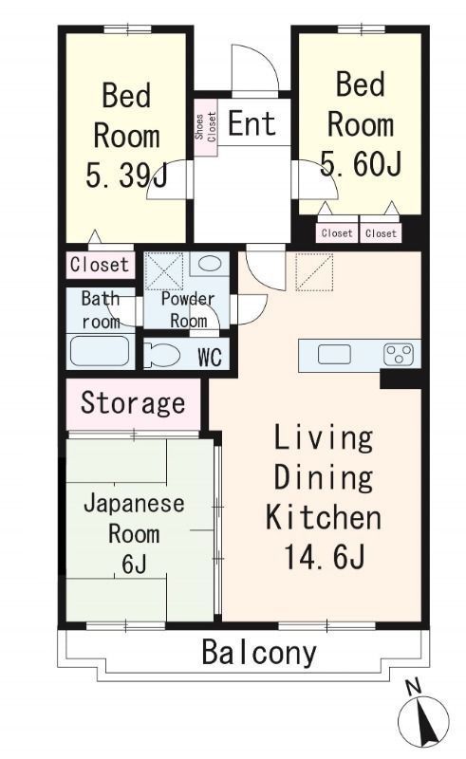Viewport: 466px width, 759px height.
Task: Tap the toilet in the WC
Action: coord(162,355)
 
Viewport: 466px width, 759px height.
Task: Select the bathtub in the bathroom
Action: coord(100,351)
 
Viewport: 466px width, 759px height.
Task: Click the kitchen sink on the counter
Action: coord(334,355)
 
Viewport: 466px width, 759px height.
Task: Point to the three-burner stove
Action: coord(399,355)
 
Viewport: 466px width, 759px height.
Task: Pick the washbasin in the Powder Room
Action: coord(210,265)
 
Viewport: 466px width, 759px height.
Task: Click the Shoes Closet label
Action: coord(206,127)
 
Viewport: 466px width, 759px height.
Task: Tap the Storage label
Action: coord(133,403)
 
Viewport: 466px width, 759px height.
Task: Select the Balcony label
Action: coord(259,652)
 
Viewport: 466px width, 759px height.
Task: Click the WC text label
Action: coord(210,358)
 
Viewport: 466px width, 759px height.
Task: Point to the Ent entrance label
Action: coord(252,123)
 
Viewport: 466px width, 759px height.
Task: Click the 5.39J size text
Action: coord(126,176)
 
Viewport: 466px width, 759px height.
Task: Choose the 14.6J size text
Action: coord(324,557)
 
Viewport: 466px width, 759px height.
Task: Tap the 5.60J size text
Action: coord(361,163)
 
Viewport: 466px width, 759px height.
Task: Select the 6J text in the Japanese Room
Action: coord(134,564)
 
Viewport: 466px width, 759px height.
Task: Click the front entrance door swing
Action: coord(254,67)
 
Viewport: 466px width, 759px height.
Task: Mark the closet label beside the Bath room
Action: coord(100,265)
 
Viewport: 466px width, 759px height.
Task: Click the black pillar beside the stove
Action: coord(401,379)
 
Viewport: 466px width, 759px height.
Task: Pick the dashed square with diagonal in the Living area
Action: coord(314,272)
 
